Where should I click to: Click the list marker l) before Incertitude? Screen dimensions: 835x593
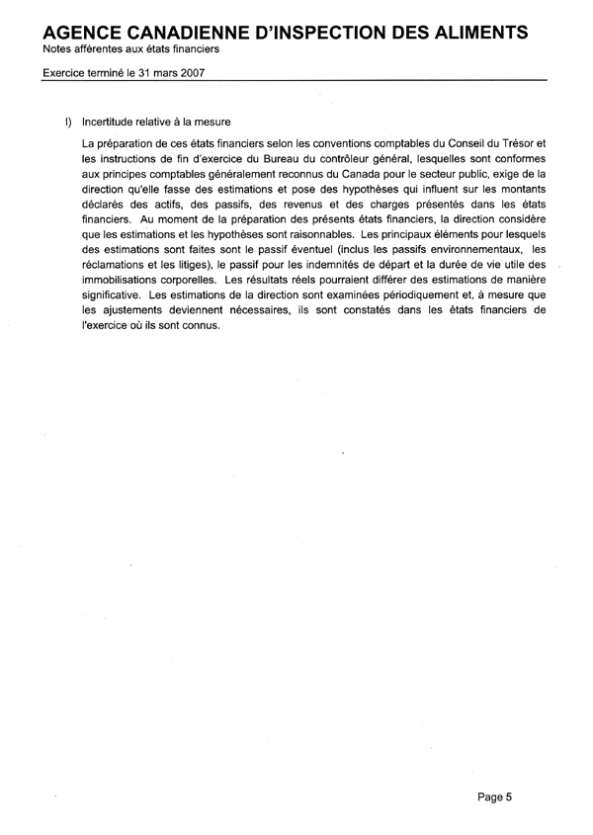[68, 123]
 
